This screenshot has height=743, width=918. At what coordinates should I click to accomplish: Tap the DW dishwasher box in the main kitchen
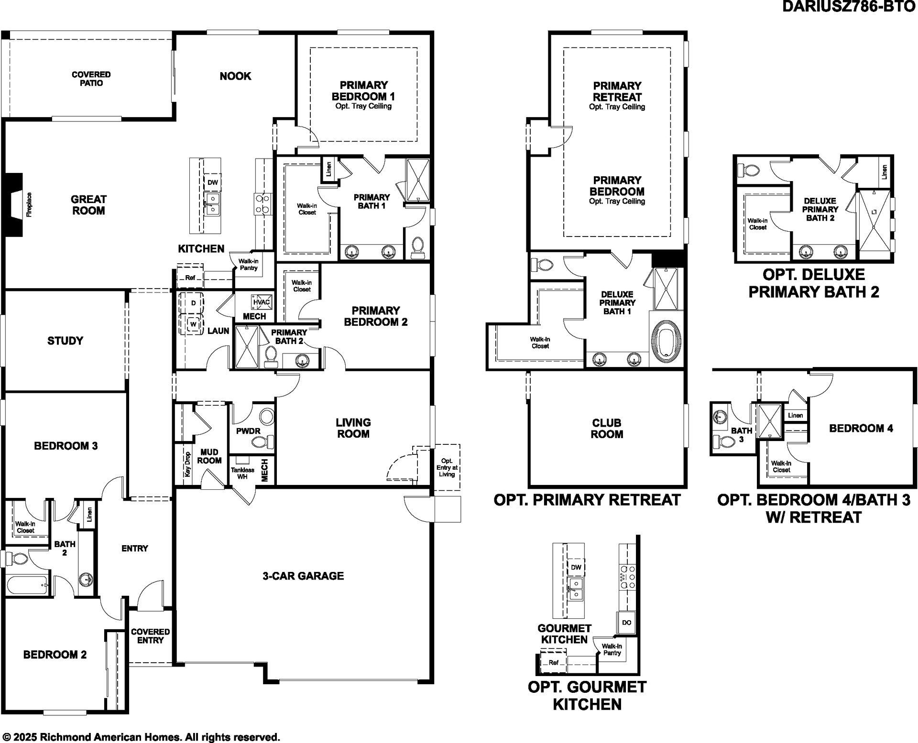click(213, 182)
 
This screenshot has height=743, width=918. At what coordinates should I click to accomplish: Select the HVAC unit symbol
click(262, 302)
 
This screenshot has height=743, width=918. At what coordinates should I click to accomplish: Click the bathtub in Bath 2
click(27, 586)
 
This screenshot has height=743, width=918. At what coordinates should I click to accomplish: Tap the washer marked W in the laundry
click(193, 324)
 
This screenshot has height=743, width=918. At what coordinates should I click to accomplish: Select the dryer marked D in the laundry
click(193, 303)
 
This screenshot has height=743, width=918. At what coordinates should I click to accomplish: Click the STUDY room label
click(65, 341)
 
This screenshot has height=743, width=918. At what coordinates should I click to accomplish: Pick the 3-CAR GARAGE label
click(303, 576)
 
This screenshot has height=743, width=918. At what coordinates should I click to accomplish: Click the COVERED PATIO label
click(91, 79)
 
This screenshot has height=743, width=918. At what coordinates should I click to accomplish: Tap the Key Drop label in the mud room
click(187, 464)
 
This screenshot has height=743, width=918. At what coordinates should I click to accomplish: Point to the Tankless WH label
click(242, 473)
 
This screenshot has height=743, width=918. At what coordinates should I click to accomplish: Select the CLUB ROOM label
click(607, 429)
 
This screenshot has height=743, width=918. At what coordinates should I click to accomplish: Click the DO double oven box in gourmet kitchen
click(626, 623)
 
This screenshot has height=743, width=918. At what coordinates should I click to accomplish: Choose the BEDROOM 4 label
click(861, 428)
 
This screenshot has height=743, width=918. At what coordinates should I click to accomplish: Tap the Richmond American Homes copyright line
click(141, 737)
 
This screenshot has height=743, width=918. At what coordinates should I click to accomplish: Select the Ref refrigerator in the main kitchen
click(190, 278)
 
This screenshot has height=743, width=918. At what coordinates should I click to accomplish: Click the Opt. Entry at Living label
click(447, 467)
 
